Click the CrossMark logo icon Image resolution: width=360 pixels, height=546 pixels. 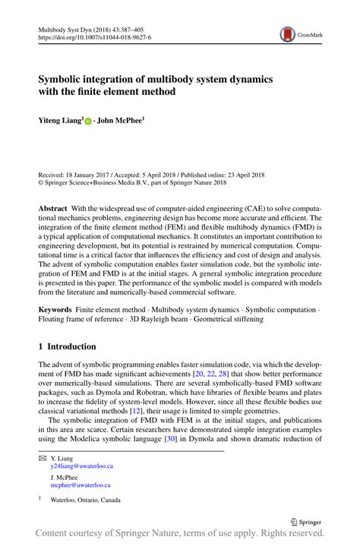tap(288, 34)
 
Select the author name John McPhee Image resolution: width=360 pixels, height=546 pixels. tap(120, 120)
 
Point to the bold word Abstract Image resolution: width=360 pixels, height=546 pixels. tap(55, 207)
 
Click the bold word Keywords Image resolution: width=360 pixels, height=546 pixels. tap(57, 311)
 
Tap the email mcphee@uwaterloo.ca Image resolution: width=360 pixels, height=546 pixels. tap(81, 484)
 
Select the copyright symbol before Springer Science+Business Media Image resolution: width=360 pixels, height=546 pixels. tap(42, 183)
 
